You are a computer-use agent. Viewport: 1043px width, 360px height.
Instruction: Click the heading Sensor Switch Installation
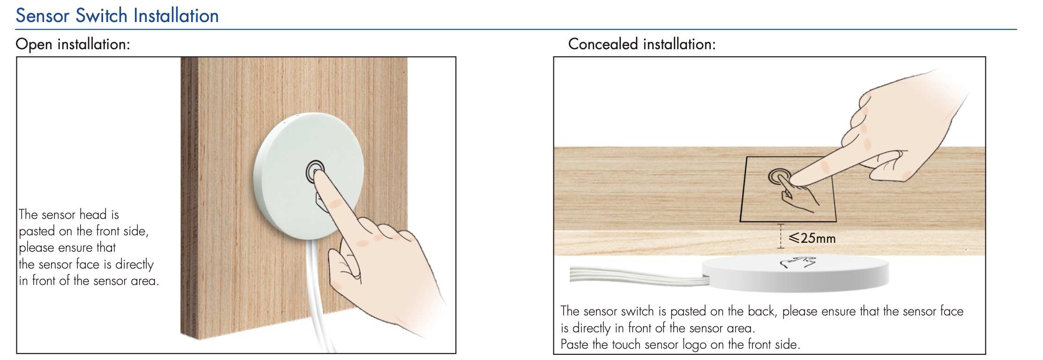117,15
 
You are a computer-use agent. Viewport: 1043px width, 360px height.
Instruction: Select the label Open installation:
73,44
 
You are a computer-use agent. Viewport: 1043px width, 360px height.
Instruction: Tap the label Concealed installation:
642,44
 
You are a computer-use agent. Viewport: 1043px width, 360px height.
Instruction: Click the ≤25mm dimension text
812,238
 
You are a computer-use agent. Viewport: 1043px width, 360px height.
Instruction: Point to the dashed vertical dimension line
781,236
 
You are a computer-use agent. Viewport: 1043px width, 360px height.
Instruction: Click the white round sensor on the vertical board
308,176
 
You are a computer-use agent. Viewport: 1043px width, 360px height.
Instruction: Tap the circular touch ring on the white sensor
315,172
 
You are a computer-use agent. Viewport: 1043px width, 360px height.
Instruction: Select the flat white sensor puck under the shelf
796,274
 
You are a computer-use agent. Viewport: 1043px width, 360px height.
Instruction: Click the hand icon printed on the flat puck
798,262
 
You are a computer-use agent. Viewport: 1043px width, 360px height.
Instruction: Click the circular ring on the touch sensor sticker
779,177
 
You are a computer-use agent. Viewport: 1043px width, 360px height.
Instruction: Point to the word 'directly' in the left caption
134,264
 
